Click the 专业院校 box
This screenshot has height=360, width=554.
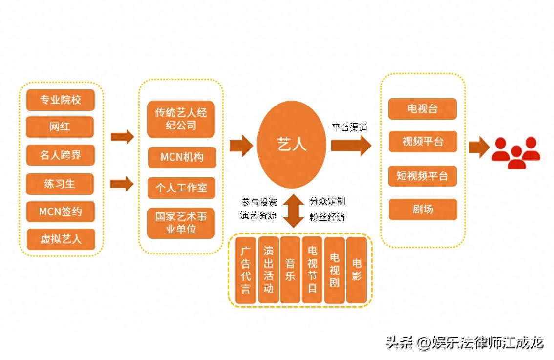click(60, 100)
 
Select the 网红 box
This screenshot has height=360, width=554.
click(60, 127)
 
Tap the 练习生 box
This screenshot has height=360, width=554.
click(60, 184)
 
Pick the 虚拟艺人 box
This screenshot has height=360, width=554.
click(61, 239)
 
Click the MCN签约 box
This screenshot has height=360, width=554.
click(60, 212)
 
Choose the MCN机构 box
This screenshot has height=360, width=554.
click(182, 157)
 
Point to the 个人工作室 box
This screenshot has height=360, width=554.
click(181, 188)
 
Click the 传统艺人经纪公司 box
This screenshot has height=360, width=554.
click(181, 119)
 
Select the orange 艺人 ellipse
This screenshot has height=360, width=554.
click(292, 145)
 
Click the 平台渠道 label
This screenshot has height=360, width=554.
click(350, 128)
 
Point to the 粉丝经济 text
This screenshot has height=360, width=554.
click(327, 217)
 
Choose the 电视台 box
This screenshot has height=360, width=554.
click(422, 109)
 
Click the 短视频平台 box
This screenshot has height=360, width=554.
click(422, 176)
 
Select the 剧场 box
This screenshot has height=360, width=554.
click(423, 210)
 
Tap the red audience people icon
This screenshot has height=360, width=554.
click(516, 152)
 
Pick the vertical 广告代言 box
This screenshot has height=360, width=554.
click(246, 270)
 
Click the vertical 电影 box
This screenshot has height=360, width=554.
click(357, 270)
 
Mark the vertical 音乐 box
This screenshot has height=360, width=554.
click(290, 270)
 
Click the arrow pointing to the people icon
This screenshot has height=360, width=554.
click(479, 147)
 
